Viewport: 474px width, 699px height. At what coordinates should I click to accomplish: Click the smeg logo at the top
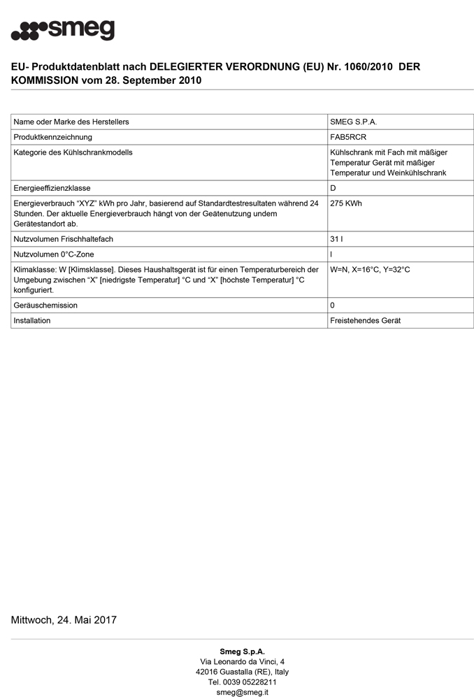(63, 30)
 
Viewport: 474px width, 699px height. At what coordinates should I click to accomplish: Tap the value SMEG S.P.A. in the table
(353, 122)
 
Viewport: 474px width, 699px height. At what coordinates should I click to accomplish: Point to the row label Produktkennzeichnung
(53, 137)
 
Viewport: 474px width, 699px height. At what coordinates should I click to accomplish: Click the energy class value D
(333, 188)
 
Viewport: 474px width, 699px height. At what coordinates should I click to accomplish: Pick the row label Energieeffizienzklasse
(52, 188)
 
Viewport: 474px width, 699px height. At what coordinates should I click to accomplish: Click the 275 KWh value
(346, 203)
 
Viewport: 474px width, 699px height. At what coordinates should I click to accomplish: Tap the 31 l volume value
(336, 239)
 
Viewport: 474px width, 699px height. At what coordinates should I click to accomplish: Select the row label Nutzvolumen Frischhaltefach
(64, 239)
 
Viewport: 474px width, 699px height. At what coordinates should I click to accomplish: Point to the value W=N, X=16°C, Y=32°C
(370, 269)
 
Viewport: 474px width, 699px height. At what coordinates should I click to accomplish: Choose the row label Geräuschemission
(45, 305)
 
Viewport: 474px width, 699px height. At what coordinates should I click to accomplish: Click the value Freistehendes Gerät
(365, 321)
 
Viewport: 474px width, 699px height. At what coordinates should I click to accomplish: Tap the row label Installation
(32, 321)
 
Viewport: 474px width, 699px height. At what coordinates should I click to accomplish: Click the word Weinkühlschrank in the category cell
(417, 173)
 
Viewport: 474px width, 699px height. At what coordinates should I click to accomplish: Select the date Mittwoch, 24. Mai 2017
(64, 620)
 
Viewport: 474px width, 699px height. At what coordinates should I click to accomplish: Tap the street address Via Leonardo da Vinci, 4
(242, 661)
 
